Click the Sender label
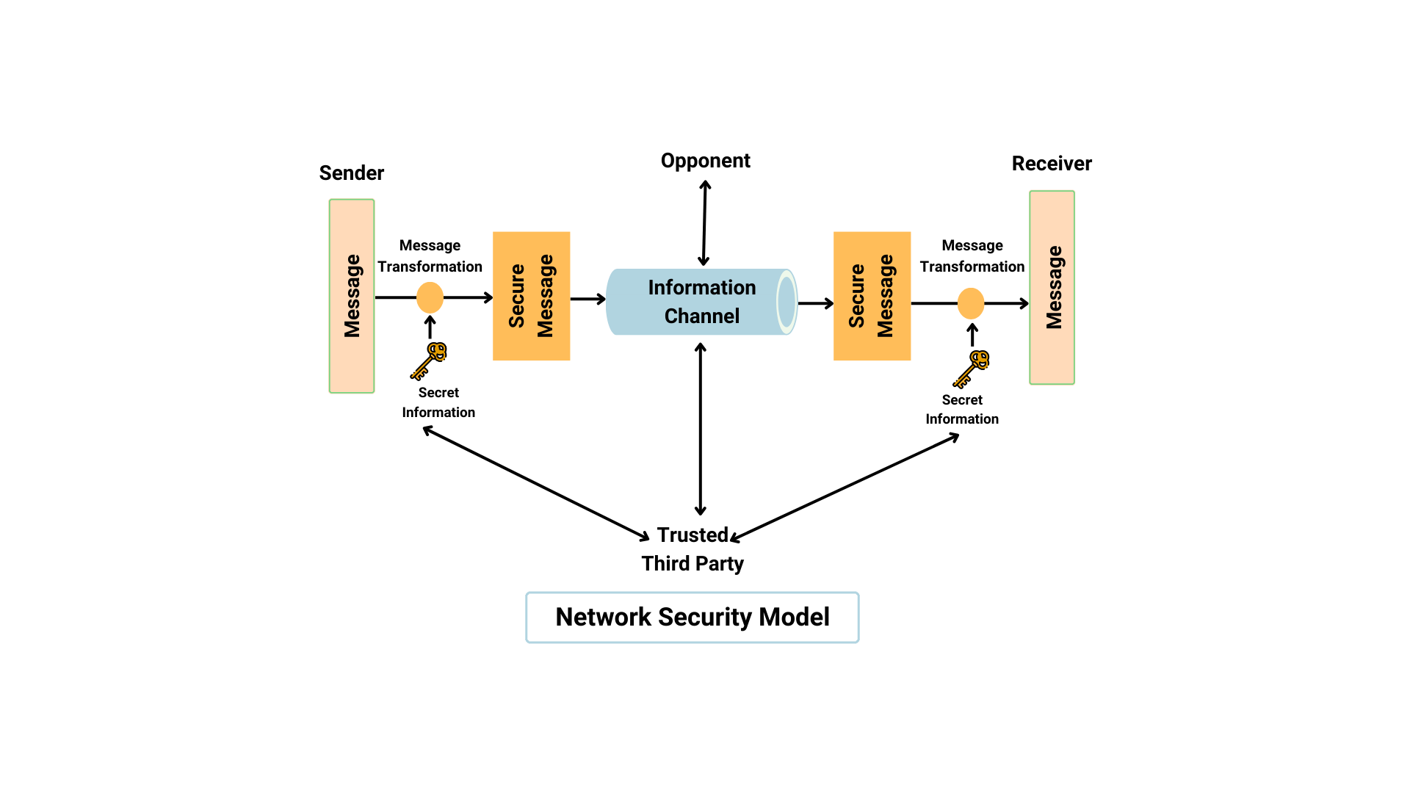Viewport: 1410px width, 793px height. [351, 173]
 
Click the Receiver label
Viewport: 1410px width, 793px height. [1051, 164]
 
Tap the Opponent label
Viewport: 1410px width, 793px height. [705, 161]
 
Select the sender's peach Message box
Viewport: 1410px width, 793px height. [352, 296]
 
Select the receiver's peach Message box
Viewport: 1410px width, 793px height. [1052, 287]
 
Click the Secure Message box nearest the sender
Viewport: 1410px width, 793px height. [531, 296]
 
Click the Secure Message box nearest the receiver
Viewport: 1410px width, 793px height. [872, 296]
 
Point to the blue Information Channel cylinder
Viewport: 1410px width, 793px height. [701, 302]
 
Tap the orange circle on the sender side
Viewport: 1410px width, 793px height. [430, 297]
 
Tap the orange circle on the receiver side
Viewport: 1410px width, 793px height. [970, 303]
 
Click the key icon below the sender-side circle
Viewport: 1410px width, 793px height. [429, 360]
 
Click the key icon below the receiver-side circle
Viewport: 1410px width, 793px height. [971, 369]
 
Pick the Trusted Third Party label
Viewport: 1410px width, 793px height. [692, 549]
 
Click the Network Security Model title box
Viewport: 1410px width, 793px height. [692, 618]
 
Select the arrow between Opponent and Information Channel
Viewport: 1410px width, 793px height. [704, 223]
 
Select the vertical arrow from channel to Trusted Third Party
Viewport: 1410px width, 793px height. [701, 430]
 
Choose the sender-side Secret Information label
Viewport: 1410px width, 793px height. [438, 402]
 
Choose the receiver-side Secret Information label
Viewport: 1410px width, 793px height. [962, 410]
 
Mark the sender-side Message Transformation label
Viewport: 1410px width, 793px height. [430, 256]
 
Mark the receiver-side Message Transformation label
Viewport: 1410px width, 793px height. [972, 256]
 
